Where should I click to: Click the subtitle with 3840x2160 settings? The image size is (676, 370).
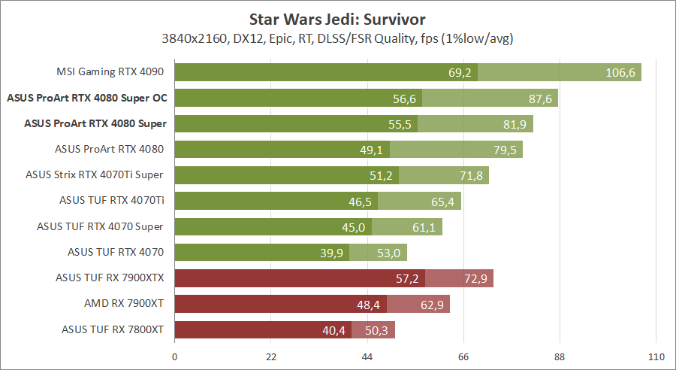tap(338, 38)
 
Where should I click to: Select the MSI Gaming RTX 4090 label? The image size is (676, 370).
tap(110, 72)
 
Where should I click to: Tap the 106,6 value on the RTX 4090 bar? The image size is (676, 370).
tap(621, 73)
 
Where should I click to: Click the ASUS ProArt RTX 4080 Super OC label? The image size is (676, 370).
tap(86, 98)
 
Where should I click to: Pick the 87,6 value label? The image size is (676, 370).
tap(538, 99)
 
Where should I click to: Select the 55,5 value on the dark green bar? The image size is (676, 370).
tap(400, 124)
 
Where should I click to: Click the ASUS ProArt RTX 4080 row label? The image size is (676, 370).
tap(110, 149)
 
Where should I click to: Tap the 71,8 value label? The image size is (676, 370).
tap(469, 175)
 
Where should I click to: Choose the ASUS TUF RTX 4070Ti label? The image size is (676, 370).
tap(112, 200)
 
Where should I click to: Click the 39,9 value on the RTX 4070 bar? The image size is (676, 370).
tap(331, 253)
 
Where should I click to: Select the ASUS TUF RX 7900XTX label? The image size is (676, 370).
tap(110, 277)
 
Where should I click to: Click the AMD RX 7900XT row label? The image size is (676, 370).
tap(125, 303)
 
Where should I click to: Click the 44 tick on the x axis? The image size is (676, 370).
tap(367, 357)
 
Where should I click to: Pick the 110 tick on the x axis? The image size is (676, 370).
tap(656, 357)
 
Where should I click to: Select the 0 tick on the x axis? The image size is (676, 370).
tap(175, 357)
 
